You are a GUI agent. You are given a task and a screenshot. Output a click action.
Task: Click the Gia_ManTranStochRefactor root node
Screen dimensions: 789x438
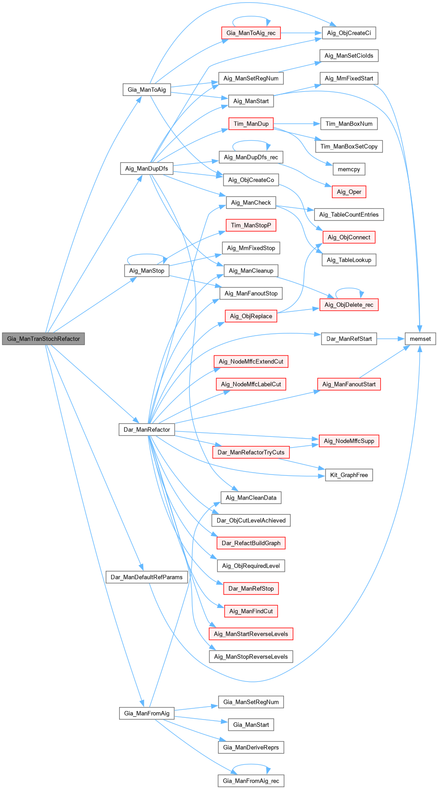click(x=43, y=339)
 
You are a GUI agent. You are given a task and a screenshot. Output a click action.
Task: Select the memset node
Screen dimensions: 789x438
click(x=420, y=339)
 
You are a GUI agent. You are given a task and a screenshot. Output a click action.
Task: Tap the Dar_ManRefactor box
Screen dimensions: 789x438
click(x=146, y=429)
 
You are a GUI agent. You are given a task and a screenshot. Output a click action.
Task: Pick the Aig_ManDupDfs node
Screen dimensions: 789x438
click(x=146, y=168)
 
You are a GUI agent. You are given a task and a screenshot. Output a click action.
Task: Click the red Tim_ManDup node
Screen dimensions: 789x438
click(x=251, y=124)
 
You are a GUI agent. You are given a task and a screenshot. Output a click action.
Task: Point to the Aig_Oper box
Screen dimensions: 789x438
click(x=349, y=192)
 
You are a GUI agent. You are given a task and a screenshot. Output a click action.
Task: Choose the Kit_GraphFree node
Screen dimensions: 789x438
click(x=349, y=475)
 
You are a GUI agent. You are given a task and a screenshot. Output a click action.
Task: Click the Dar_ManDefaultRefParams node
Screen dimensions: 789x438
click(x=146, y=577)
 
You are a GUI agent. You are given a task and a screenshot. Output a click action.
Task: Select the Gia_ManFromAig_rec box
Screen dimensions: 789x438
click(x=251, y=781)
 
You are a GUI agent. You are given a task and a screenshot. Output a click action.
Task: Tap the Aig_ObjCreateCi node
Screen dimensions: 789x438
click(x=349, y=33)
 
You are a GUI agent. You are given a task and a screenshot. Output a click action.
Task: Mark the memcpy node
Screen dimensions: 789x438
click(x=349, y=169)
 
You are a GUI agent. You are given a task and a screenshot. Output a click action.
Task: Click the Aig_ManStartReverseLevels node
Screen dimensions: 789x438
click(x=251, y=634)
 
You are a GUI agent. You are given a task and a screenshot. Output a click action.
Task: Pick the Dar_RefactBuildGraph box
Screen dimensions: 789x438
click(x=251, y=543)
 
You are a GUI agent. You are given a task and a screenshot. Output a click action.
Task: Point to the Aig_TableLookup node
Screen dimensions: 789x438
click(x=349, y=260)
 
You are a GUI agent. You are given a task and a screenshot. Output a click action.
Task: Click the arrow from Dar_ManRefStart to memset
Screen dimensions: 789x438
click(x=391, y=339)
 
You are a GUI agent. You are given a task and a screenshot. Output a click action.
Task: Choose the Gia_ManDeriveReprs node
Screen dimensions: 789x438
click(x=251, y=747)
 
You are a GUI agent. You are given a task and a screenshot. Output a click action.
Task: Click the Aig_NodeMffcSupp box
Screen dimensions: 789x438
click(x=349, y=441)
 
